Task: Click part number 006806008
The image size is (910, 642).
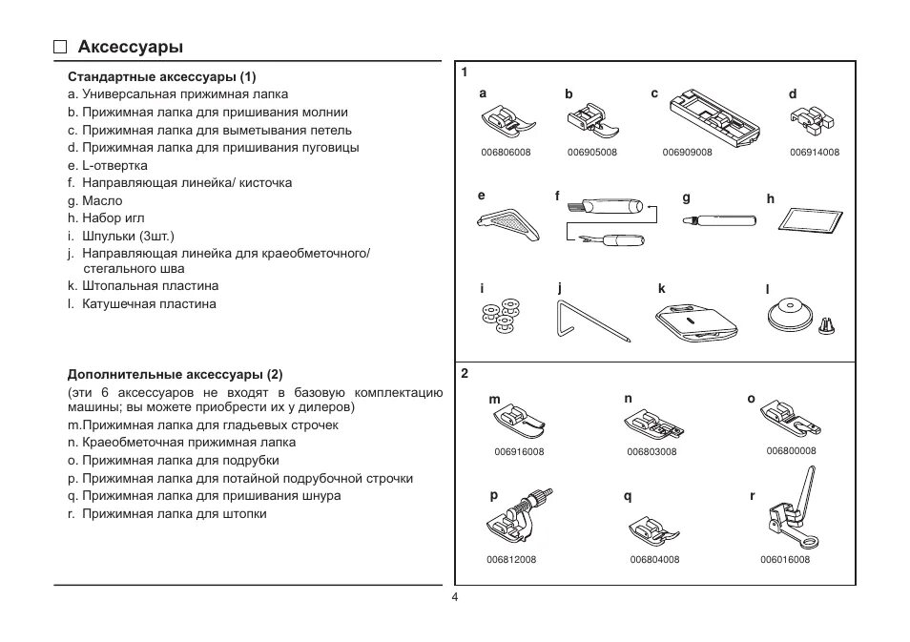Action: coord(506,153)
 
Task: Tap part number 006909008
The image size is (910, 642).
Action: coord(687,153)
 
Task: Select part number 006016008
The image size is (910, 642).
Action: coord(785,560)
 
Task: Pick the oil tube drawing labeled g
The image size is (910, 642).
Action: coord(719,219)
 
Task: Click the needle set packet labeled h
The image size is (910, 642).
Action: coord(812,218)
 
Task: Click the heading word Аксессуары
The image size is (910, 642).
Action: coord(131,47)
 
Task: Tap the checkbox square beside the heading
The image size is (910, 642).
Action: coord(61,47)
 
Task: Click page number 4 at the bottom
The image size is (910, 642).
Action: coord(455,596)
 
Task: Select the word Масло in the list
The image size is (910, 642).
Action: coord(102,200)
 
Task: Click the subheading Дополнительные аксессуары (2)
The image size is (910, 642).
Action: coord(175,375)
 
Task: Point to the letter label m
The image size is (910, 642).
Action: coord(494,400)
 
